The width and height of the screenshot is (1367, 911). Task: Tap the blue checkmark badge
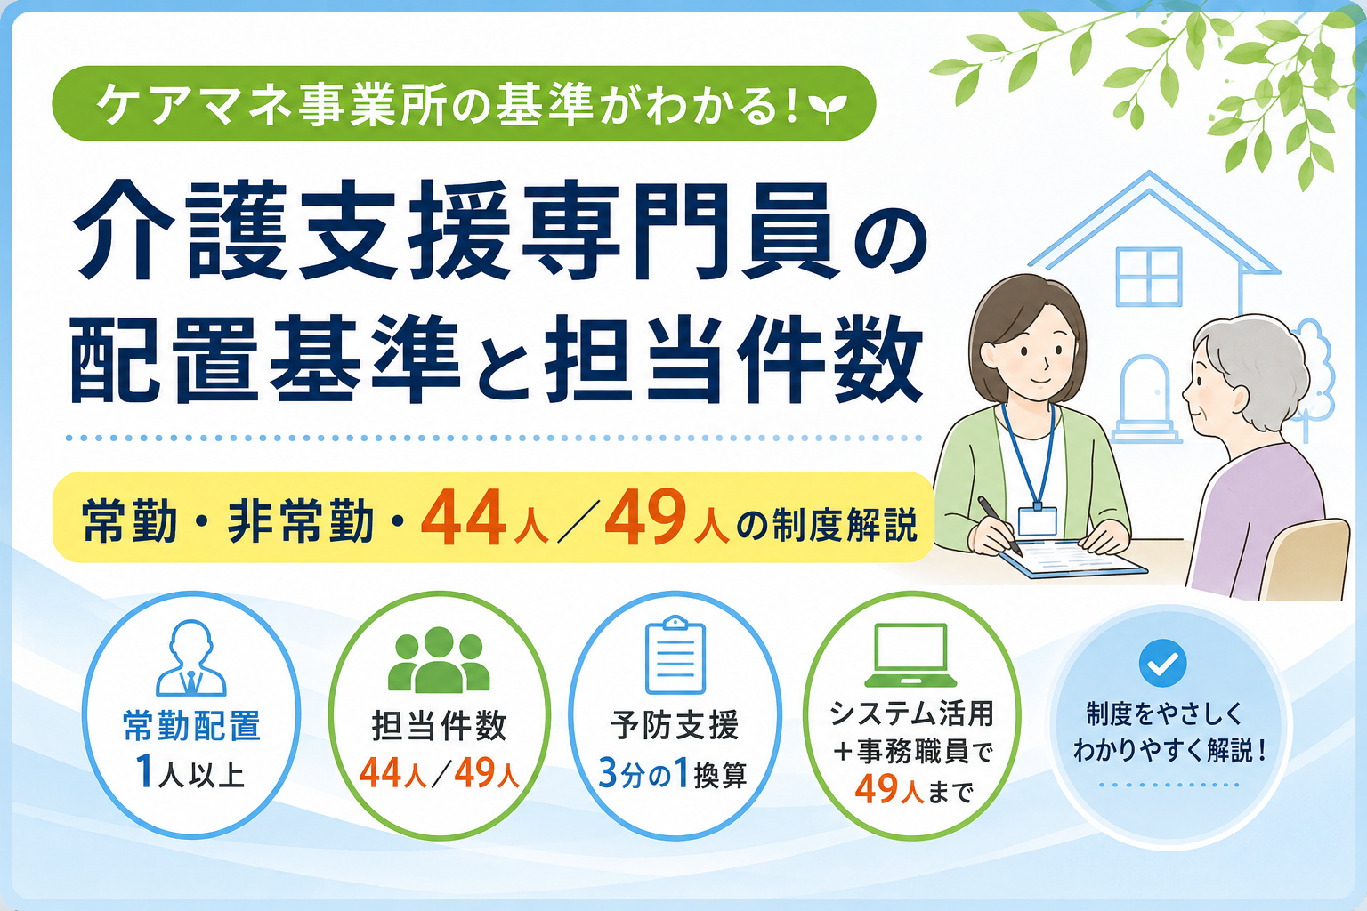[x=1162, y=664]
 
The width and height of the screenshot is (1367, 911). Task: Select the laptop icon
[x=910, y=655]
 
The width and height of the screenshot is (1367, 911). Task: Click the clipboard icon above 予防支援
[x=675, y=655]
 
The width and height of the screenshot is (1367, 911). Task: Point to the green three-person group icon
[x=439, y=659]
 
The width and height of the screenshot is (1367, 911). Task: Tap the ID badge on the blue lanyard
[x=1037, y=520]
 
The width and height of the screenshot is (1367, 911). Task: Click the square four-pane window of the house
[x=1149, y=277]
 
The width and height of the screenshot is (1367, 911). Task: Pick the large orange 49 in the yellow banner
[x=645, y=518]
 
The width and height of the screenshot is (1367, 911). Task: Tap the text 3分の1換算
[x=673, y=774]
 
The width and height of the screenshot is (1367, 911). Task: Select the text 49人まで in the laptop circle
[x=914, y=790]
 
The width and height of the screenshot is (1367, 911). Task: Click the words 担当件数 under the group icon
[x=439, y=726]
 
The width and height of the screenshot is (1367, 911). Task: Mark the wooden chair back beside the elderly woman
[x=1306, y=560]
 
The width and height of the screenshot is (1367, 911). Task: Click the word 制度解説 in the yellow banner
[x=845, y=524]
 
